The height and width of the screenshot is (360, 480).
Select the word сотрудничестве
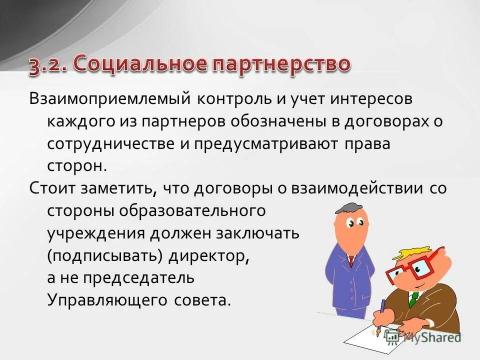[104, 144]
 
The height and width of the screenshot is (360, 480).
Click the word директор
[208, 255]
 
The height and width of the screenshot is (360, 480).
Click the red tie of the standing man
[351, 260]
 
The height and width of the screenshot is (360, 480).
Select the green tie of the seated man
[413, 299]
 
